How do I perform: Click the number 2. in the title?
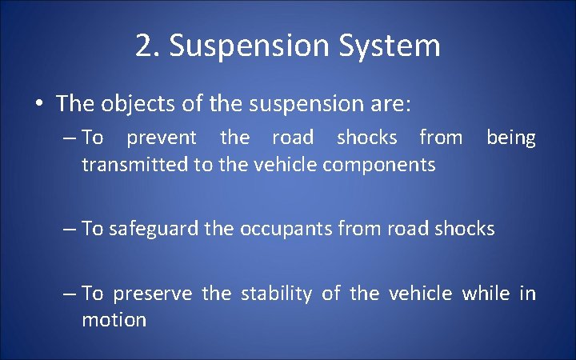click(147, 46)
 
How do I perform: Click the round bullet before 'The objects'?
click(38, 104)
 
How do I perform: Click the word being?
click(510, 138)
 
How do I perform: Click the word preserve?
click(152, 294)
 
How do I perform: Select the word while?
click(486, 294)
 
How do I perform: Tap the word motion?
click(114, 320)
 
